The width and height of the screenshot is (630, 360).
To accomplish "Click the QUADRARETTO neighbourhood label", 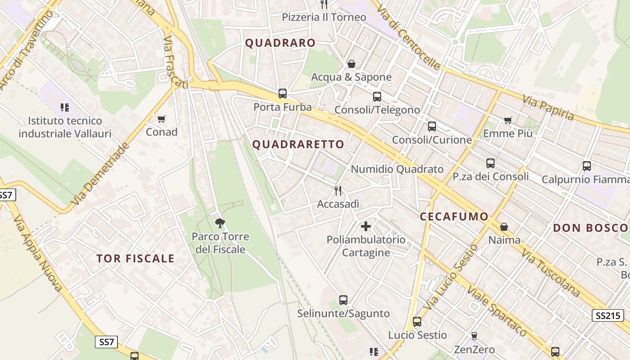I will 298,144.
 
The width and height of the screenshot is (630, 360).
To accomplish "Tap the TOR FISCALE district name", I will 135,258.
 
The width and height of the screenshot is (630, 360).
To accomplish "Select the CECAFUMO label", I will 454,216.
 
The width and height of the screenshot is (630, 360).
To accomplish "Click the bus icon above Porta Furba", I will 283,94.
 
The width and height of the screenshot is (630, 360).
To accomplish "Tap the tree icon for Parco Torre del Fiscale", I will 220,222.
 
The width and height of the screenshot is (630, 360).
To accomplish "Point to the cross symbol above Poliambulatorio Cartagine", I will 366,226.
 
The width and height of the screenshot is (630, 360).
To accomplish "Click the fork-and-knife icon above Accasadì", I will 338,191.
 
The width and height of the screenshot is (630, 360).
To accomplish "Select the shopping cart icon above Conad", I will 162,119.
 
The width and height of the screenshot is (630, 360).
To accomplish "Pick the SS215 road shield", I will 607,315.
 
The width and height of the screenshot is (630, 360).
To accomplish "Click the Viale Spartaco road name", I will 496,310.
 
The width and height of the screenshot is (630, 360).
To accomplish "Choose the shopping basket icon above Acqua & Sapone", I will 351,64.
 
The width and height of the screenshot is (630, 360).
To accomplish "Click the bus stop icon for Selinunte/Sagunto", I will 343,300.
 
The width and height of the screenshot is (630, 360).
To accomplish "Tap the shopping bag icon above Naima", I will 504,227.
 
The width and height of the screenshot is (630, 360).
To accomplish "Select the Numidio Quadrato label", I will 397,169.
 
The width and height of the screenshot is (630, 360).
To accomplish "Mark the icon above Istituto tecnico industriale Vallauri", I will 65,108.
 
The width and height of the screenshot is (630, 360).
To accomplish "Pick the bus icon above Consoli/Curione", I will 432,126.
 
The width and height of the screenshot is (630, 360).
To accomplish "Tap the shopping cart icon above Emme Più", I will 508,120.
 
